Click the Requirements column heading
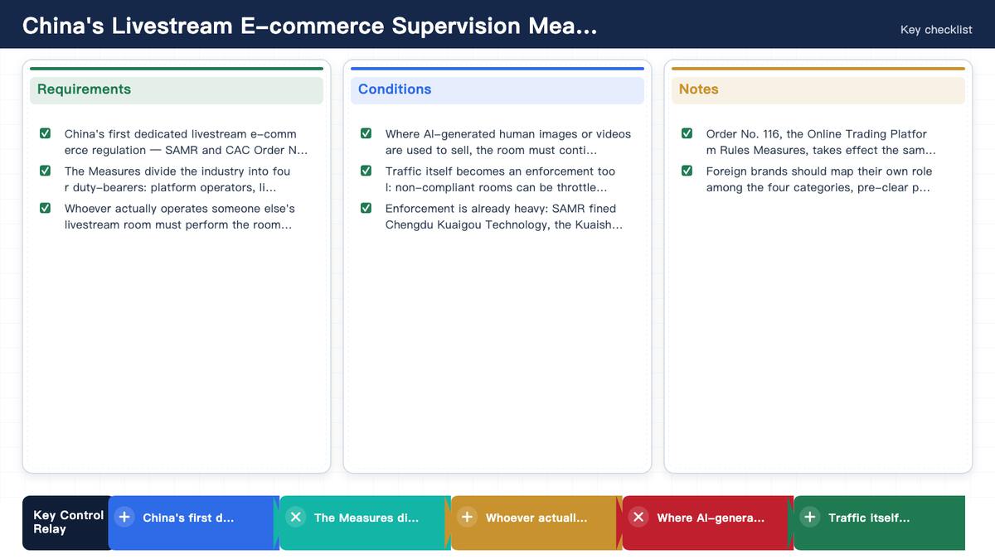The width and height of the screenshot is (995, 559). tap(84, 89)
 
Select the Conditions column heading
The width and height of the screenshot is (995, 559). tap(395, 89)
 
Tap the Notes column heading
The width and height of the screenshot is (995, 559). tap(698, 89)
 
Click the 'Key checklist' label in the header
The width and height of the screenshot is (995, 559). tap(936, 30)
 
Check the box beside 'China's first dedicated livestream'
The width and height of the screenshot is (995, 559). tap(45, 133)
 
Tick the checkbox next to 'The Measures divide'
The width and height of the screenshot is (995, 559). tap(45, 171)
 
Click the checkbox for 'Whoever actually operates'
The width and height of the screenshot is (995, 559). tap(45, 208)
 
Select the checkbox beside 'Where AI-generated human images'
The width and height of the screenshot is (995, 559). tap(366, 133)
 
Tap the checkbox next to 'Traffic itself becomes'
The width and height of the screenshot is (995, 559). tap(366, 171)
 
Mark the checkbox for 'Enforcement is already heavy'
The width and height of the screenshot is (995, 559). tap(366, 208)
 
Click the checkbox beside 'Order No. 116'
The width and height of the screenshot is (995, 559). tap(687, 133)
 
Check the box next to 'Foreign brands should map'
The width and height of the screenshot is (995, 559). tap(687, 171)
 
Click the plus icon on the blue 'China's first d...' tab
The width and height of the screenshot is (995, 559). tap(124, 517)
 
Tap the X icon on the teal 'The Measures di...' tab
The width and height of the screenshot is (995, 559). tap(296, 517)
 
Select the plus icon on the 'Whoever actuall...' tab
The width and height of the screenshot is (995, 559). tap(467, 517)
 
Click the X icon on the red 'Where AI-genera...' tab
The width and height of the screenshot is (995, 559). tap(638, 517)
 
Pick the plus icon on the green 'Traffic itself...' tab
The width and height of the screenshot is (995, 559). tap(810, 517)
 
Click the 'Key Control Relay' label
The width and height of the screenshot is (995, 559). tap(68, 523)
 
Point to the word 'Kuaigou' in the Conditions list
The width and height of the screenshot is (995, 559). tap(459, 225)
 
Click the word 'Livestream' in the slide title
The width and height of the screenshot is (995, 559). tap(172, 26)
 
